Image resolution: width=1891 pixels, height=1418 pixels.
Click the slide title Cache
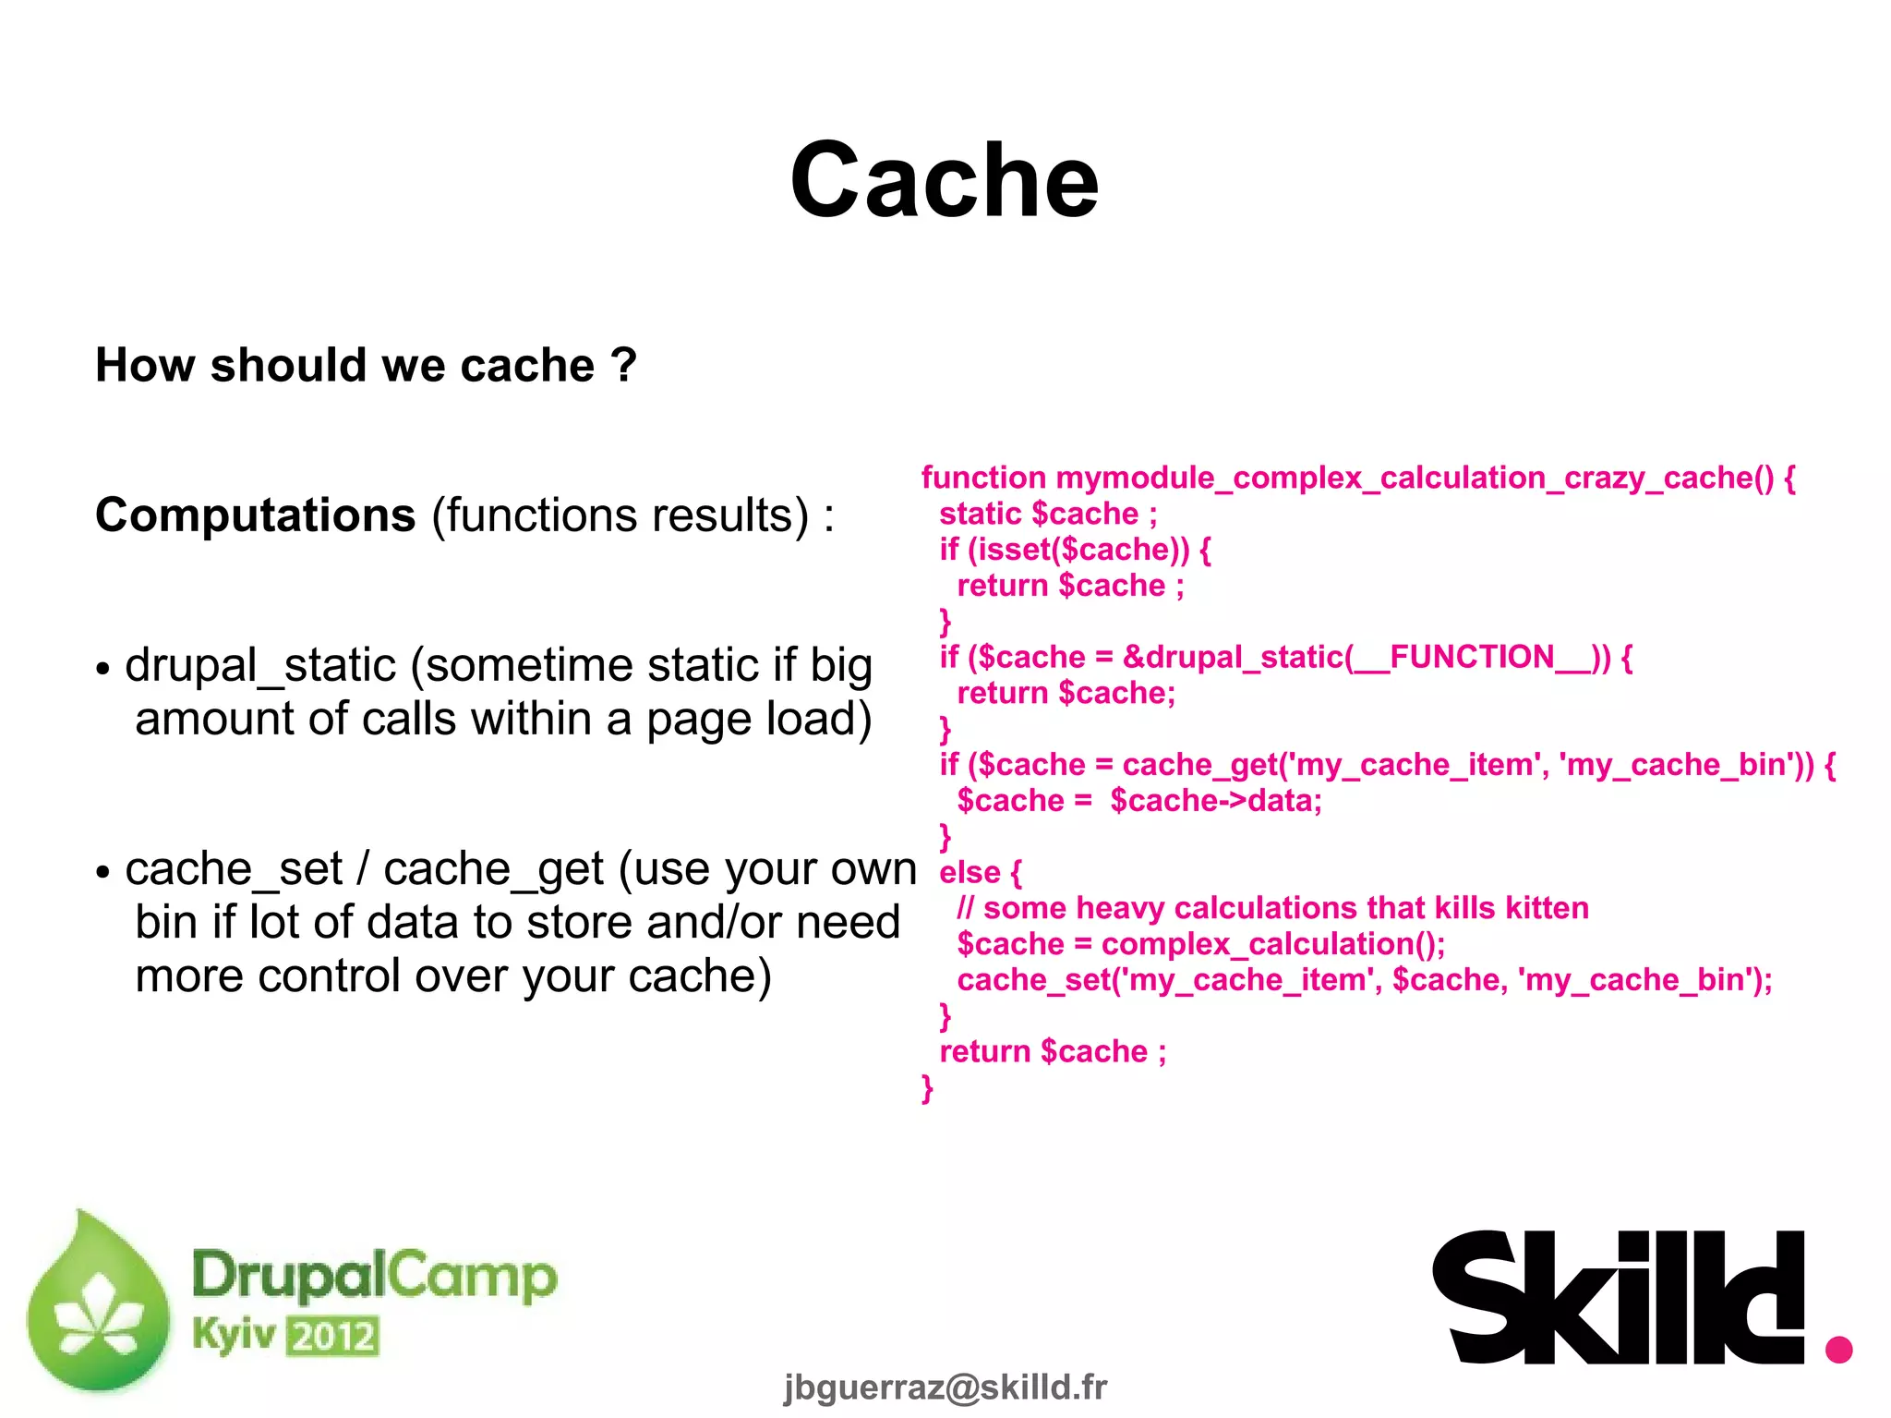(x=944, y=181)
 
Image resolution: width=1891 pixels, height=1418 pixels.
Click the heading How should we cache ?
(x=366, y=365)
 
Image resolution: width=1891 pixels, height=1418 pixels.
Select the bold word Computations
(x=256, y=515)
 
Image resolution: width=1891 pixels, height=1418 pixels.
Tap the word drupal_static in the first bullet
(x=260, y=666)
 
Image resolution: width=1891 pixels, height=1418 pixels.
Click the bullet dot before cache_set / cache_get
(x=102, y=872)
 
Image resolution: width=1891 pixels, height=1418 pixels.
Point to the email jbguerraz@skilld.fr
(x=945, y=1387)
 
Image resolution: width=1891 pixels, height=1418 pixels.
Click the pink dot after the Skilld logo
(x=1838, y=1349)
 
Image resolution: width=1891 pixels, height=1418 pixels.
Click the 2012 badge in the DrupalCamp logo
(x=332, y=1337)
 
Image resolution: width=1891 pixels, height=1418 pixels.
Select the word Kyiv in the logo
(x=234, y=1334)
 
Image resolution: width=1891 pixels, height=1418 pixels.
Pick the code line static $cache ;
(x=1047, y=514)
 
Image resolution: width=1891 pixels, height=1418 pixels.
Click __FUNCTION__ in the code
(x=1472, y=657)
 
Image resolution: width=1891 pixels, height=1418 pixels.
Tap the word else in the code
(x=970, y=872)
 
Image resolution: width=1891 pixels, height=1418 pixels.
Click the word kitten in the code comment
(x=1547, y=908)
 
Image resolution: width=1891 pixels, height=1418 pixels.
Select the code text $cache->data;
(x=1215, y=801)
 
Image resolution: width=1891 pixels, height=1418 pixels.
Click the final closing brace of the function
(x=927, y=1088)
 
